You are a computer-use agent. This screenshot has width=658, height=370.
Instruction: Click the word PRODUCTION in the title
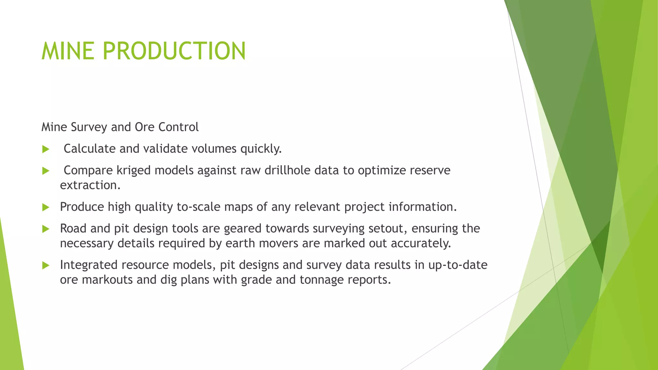click(174, 51)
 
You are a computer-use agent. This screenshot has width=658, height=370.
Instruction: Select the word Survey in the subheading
click(89, 127)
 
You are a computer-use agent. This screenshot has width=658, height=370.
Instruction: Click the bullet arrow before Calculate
click(46, 149)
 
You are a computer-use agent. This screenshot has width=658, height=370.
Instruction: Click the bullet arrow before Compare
click(46, 171)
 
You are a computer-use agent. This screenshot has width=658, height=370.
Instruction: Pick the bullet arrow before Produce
click(46, 207)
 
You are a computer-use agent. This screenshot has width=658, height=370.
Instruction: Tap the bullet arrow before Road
click(46, 229)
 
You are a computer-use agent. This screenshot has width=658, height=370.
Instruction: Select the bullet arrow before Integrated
click(46, 266)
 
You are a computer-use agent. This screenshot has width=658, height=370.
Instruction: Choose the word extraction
click(90, 185)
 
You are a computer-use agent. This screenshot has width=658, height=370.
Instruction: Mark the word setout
click(388, 229)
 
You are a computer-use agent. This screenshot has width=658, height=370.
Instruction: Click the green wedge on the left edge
click(10, 305)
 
